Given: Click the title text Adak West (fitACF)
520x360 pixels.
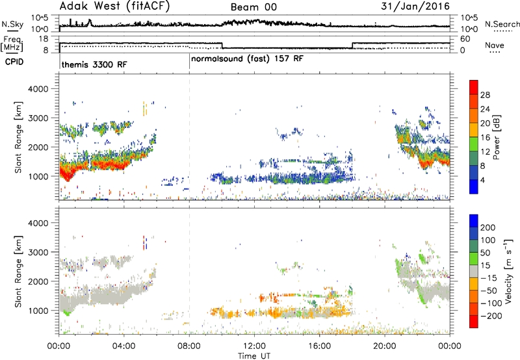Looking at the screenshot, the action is point(114,6).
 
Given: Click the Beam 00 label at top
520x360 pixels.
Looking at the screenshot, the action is point(253,7).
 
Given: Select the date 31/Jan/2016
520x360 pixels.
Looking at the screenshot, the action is point(415,6).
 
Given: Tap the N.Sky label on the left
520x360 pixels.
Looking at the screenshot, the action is point(12,24).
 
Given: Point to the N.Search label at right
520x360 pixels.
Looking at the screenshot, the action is point(502,24).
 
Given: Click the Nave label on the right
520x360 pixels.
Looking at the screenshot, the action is point(495,45).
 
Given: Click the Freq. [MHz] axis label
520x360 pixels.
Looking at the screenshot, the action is point(12,44).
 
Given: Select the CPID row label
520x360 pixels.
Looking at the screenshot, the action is point(14,62).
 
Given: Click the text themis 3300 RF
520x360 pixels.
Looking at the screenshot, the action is point(94,64).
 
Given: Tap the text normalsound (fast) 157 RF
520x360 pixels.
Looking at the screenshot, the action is point(247,59).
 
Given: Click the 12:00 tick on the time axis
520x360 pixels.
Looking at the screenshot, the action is point(254,346).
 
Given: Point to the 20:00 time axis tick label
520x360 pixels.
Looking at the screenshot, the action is point(385,346).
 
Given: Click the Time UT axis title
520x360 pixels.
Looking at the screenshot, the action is point(254,356).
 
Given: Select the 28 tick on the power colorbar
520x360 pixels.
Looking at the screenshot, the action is point(485,95).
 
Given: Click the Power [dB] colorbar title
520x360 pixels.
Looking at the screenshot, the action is point(497,137).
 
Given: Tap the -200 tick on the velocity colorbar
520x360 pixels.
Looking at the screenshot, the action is point(492,316).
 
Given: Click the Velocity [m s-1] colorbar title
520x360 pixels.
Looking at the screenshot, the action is point(508,271).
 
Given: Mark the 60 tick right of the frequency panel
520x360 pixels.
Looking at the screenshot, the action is point(465,39).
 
